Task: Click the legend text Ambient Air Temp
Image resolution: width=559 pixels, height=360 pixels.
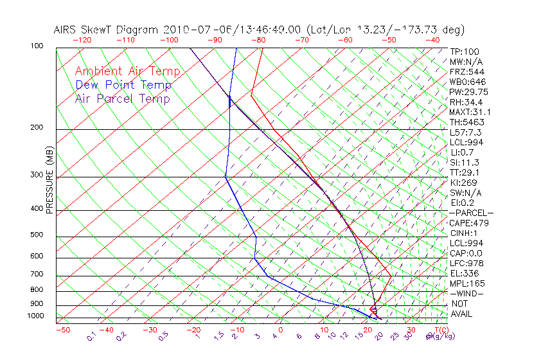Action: tap(127, 71)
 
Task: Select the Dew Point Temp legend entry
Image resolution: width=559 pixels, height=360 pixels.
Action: tap(123, 85)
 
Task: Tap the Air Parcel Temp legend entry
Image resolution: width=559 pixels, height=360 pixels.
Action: tap(122, 98)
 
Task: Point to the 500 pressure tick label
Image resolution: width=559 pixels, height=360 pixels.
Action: tap(37, 235)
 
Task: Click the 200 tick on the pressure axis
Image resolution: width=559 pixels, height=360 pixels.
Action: tap(37, 128)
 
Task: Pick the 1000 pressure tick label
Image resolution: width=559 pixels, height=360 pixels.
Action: tap(35, 316)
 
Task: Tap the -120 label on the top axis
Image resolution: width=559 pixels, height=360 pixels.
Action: tap(82, 40)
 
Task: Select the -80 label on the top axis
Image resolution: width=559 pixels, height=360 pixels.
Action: tap(258, 40)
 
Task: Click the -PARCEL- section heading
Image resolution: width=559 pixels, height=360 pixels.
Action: tap(471, 213)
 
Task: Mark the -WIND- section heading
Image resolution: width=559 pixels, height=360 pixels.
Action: tap(466, 293)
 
